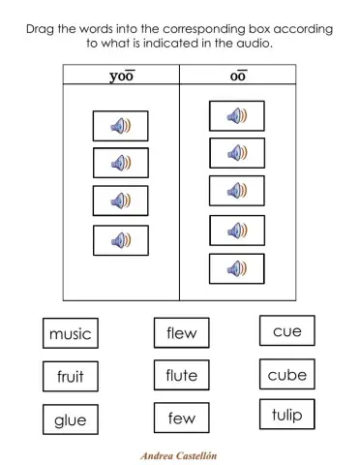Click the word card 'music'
click(70, 333)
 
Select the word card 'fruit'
click(70, 377)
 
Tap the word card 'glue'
click(70, 419)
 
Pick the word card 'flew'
click(181, 332)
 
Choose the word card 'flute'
click(181, 375)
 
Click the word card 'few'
click(181, 418)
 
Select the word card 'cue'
click(286, 330)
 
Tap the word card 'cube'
click(286, 374)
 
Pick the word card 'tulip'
click(286, 416)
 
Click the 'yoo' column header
click(121, 76)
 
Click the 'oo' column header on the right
click(237, 76)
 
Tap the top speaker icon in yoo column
click(121, 126)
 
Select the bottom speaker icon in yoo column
click(121, 239)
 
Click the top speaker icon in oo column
click(237, 116)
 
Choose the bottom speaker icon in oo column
click(237, 268)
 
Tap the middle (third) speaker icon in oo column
click(237, 191)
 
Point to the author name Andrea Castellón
click(180, 453)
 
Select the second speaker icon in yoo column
click(121, 163)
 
